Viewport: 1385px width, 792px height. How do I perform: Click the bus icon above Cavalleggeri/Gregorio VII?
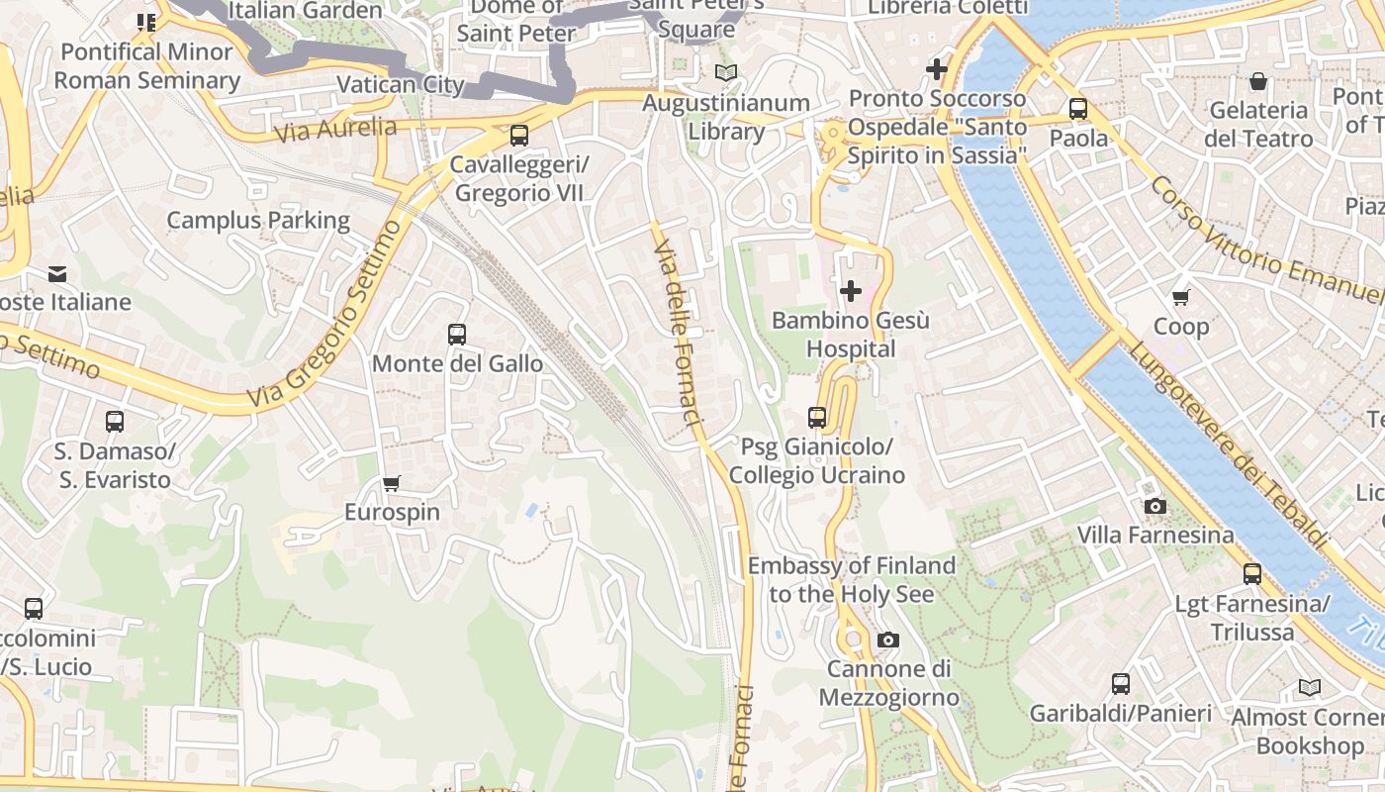pos(518,136)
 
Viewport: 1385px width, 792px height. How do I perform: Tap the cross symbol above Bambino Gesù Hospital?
pos(850,291)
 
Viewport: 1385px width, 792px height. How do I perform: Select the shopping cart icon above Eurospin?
pos(392,483)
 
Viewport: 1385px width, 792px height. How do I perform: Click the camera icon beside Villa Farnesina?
pos(1154,506)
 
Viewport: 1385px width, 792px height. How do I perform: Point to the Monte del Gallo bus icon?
pos(456,335)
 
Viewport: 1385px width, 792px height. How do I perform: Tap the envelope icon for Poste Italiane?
pos(57,273)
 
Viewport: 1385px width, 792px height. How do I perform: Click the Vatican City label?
pos(400,84)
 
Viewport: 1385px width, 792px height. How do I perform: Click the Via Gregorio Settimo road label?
pos(326,315)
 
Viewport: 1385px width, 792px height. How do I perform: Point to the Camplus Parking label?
pos(257,220)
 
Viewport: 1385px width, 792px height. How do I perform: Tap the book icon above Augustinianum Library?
pos(726,72)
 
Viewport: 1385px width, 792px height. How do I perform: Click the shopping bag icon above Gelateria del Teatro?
pos(1258,81)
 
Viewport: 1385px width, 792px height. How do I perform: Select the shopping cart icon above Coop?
pos(1180,297)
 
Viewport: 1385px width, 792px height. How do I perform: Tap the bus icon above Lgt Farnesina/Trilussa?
pos(1252,573)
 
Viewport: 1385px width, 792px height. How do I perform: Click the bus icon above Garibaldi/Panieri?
pos(1120,683)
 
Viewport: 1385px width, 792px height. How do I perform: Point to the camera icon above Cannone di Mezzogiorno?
pos(887,640)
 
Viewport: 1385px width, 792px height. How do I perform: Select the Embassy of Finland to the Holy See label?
pos(851,579)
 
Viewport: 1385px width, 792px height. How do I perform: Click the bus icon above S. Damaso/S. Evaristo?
pos(115,422)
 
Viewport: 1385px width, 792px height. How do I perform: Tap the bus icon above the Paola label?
pos(1077,109)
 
